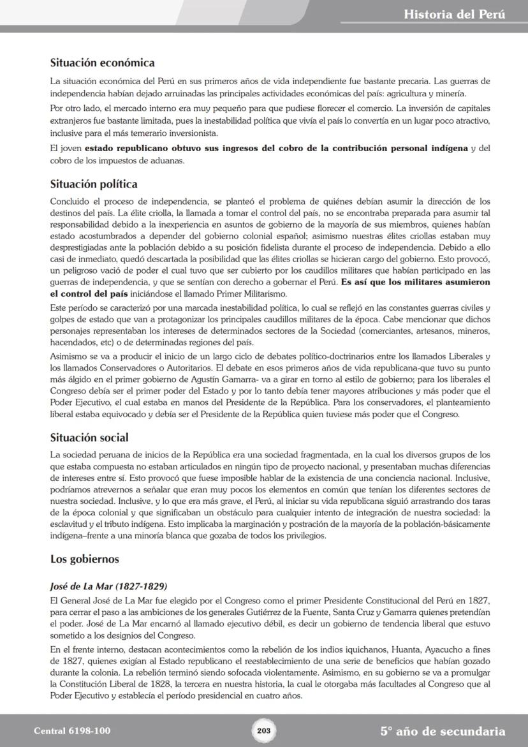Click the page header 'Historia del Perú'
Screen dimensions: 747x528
(454, 15)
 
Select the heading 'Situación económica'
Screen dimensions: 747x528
(102, 63)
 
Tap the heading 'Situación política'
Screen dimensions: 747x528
(94, 184)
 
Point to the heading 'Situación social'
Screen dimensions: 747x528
(89, 438)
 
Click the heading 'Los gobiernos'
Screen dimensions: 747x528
(85, 559)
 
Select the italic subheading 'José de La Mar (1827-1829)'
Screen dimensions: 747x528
(108, 586)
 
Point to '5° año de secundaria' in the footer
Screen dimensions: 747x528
(443, 731)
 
